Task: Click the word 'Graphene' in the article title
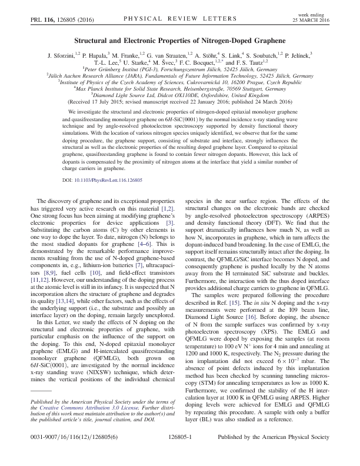(264, 41)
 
